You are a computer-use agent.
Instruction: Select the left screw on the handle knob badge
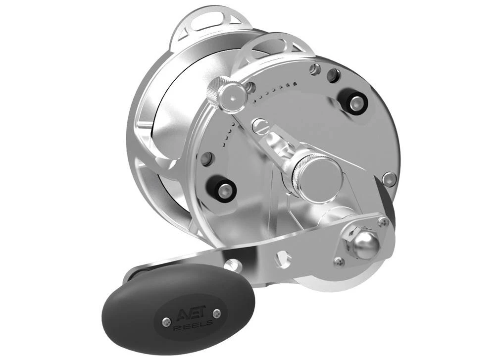(x=164, y=322)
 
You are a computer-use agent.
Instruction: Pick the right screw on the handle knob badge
(x=216, y=313)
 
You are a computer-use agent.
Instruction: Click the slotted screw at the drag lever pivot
(x=258, y=127)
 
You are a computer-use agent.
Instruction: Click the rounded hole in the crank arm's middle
(x=283, y=257)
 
